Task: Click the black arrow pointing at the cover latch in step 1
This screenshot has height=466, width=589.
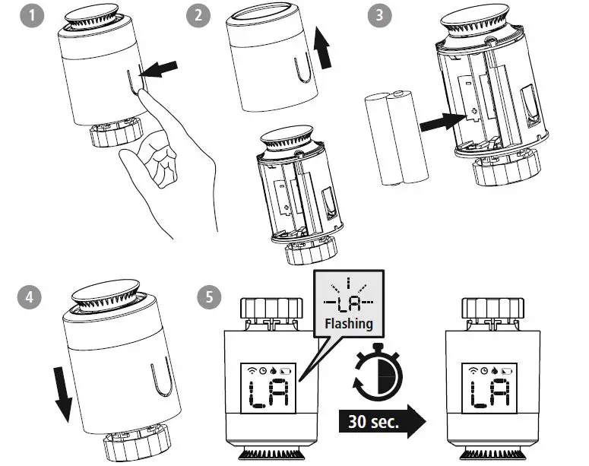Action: tap(162, 71)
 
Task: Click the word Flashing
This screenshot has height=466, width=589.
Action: tap(349, 323)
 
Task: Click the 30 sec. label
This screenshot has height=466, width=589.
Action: tap(374, 421)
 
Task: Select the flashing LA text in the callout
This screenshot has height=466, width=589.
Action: tap(348, 302)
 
